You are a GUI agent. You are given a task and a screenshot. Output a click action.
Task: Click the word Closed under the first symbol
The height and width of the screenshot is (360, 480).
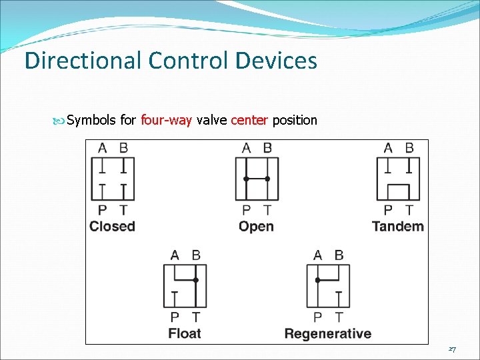coord(112,227)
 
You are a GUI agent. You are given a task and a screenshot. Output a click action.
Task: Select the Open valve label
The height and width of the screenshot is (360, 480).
coord(256,227)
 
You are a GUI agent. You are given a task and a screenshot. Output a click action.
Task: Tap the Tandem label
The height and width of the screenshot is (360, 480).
coord(398,227)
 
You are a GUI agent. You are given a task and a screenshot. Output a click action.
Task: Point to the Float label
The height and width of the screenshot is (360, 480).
coord(185,333)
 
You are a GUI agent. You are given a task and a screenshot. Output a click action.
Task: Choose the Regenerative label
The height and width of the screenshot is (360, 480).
coord(328,333)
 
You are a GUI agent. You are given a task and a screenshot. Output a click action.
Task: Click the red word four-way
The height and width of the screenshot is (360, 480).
coord(167,121)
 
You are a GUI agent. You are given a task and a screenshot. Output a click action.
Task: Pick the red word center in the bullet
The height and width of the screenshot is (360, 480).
coord(249,121)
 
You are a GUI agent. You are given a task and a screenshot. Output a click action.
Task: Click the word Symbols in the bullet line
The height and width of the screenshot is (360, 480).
coord(92,121)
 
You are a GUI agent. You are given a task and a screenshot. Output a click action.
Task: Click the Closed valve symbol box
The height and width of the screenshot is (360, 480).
coord(113,179)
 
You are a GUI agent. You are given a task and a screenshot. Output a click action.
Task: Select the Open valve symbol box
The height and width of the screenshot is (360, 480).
coord(257,179)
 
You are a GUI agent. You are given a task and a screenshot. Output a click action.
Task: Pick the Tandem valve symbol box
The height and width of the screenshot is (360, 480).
coord(398,179)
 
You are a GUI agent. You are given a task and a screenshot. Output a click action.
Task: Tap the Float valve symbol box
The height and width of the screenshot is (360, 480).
coord(185,286)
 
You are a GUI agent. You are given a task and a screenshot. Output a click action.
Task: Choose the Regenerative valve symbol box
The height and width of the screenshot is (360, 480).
coord(328,286)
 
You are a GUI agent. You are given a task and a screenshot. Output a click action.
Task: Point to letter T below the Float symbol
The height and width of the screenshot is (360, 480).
coord(195,317)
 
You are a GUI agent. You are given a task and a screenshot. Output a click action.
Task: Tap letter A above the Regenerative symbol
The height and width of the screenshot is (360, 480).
coord(317,255)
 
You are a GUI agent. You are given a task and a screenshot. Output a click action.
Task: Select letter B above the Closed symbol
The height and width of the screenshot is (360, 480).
coord(123,148)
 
